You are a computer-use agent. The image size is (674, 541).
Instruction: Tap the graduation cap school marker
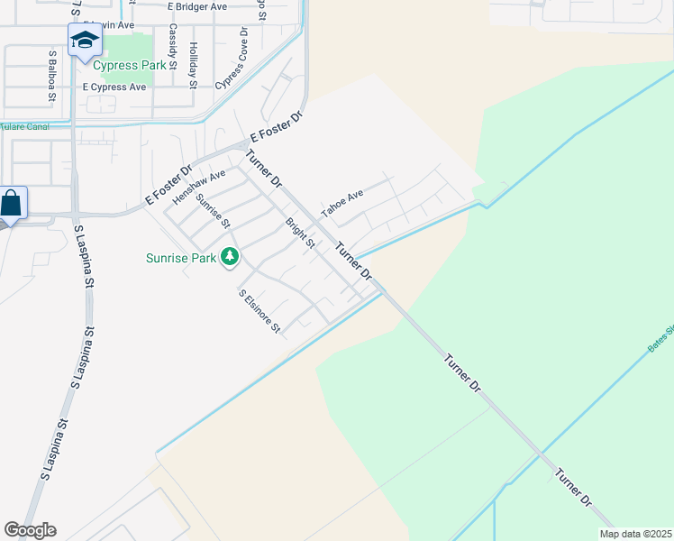coord(85,41)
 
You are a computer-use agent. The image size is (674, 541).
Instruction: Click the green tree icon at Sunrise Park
coord(230,258)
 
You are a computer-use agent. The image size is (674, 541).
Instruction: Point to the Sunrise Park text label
coord(181,258)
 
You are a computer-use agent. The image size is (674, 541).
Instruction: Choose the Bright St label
coord(300,233)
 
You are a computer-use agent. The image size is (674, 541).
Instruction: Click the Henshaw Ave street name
coord(199,187)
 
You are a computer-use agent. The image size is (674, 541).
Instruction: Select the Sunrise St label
coord(214,211)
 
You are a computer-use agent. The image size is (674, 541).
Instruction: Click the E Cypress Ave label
coord(114,87)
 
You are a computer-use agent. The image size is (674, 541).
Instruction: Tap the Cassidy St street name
coord(171,42)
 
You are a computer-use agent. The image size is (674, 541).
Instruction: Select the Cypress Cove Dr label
coord(231,58)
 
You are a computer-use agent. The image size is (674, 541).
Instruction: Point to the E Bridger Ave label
coord(210,6)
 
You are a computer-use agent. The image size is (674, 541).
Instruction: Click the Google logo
coord(30,530)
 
